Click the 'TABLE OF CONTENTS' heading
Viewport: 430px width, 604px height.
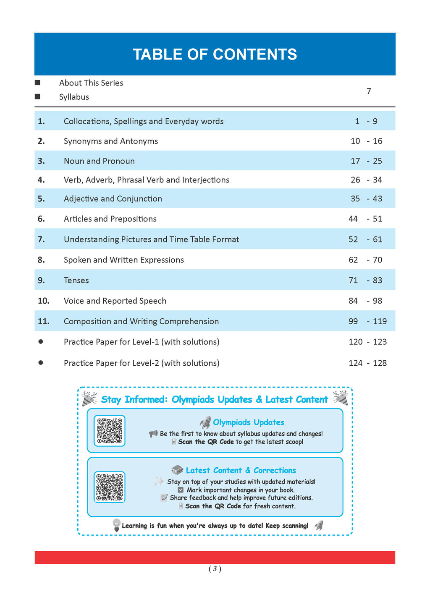[215, 55]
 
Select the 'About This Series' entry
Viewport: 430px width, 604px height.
[91, 83]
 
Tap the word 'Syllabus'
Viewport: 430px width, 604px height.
[74, 97]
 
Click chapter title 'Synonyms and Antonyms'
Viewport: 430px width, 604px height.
[111, 141]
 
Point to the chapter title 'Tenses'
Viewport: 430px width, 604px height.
[76, 281]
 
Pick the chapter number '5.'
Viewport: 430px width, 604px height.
[41, 199]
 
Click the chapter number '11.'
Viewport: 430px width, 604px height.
[44, 322]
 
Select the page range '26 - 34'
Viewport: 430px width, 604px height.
[366, 180]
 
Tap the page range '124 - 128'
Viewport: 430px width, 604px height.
[367, 363]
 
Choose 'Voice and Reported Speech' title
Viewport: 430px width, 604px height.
[115, 301]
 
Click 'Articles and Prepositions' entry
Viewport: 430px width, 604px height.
[110, 219]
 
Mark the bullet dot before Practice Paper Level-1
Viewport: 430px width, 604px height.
[41, 342]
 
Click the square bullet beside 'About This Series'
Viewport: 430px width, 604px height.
[38, 83]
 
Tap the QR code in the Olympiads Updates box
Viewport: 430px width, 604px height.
[110, 431]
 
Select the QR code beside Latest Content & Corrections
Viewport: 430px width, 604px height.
[110, 487]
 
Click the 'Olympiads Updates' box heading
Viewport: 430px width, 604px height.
[249, 422]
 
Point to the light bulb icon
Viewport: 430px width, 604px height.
[117, 525]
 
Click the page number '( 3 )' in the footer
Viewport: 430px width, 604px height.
[215, 569]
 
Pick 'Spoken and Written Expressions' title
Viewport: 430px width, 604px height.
[124, 260]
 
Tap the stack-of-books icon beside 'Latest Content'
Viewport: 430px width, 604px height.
[177, 470]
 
